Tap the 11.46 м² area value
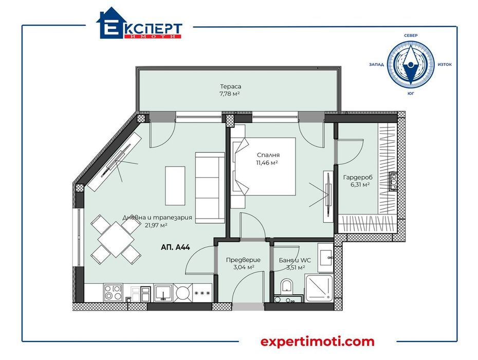[267, 163]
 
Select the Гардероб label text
[358, 177]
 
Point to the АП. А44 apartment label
[176, 247]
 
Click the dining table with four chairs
[116, 238]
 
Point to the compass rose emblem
[410, 64]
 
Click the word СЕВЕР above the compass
[411, 35]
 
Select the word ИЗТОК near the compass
[445, 65]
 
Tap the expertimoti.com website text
[318, 341]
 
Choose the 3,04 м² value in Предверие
[244, 267]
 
